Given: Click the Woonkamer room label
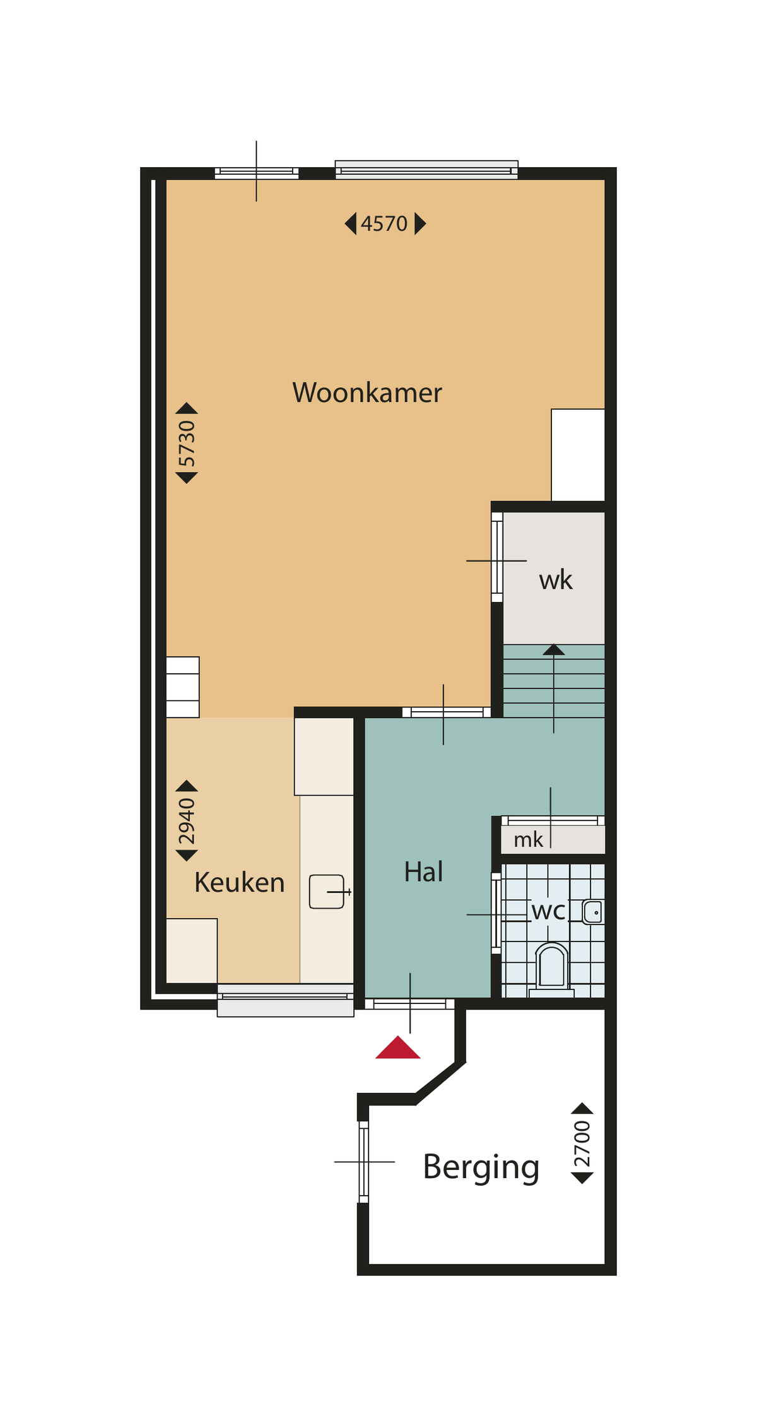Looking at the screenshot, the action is coord(367,392).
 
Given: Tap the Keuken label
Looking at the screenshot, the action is coord(240,882).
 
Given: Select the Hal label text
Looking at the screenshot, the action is coord(423,871).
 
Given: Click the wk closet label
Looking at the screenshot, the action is coord(556,580).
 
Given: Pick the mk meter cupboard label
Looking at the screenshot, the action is coord(529,840).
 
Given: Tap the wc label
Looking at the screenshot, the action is coord(548,911).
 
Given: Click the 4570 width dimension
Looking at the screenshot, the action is coord(384,223).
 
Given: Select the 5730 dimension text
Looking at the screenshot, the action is coord(187,443).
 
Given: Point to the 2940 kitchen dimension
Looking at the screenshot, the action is coord(187,821).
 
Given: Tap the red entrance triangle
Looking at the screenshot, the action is coord(398,1047).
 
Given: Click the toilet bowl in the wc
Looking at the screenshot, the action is coord(552,965).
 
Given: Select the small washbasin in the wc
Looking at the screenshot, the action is coord(593,912).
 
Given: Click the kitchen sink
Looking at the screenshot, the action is coord(327,892).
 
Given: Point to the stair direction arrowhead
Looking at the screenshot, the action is coord(554,649).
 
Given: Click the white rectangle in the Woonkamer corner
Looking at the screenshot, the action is coord(578,455).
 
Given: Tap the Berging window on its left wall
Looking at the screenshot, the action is coord(363,1162).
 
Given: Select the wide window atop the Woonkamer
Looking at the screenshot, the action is coord(426,170).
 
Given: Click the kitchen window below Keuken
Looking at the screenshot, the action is coord(285,1000).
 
